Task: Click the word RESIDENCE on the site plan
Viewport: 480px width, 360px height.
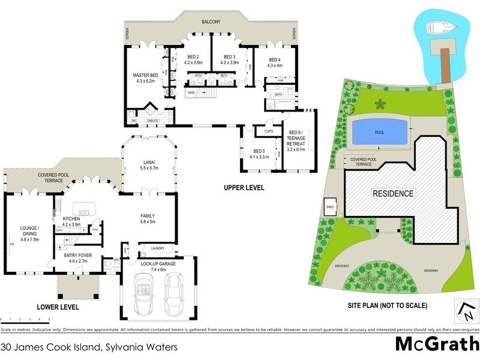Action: (x=393, y=194)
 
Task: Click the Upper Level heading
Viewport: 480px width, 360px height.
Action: (x=244, y=188)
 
